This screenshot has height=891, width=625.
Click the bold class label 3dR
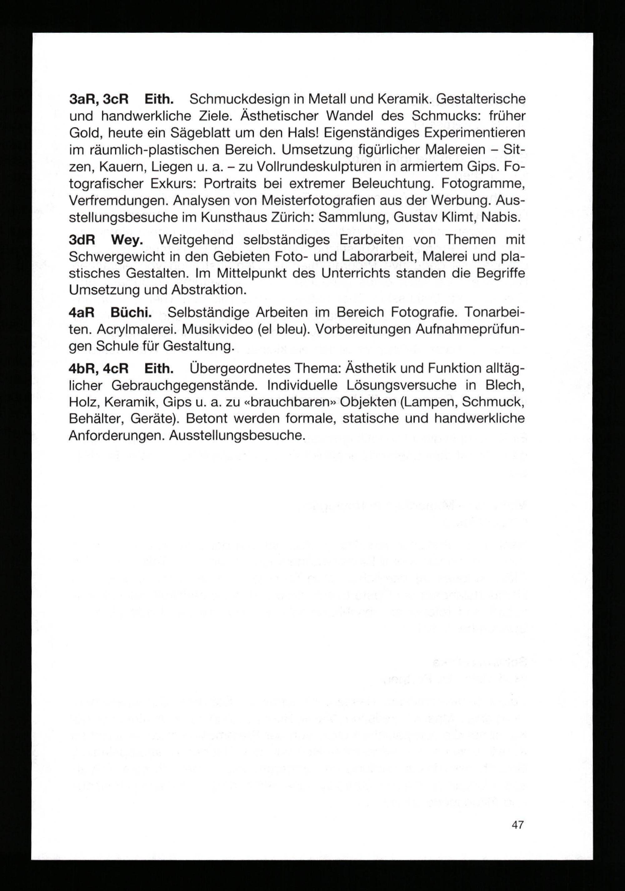click(82, 240)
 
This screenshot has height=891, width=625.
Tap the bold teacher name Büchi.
click(131, 312)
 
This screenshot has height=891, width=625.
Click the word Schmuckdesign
click(240, 99)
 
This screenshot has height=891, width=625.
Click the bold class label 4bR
click(83, 368)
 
